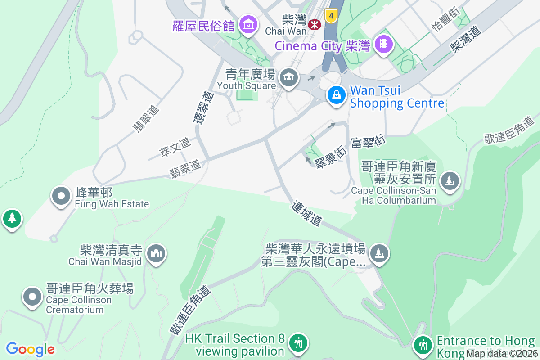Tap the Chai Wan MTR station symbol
click(x=314, y=25)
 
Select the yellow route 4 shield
click(x=331, y=16)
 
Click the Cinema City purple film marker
click(x=383, y=44)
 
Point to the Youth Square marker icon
click(x=288, y=78)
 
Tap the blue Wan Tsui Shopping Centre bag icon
click(x=336, y=95)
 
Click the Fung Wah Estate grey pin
click(x=60, y=196)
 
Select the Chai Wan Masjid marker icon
click(x=156, y=253)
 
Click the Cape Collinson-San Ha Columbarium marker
click(x=450, y=181)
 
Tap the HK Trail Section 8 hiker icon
click(x=297, y=343)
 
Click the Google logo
click(x=30, y=349)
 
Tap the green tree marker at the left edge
click(x=11, y=219)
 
